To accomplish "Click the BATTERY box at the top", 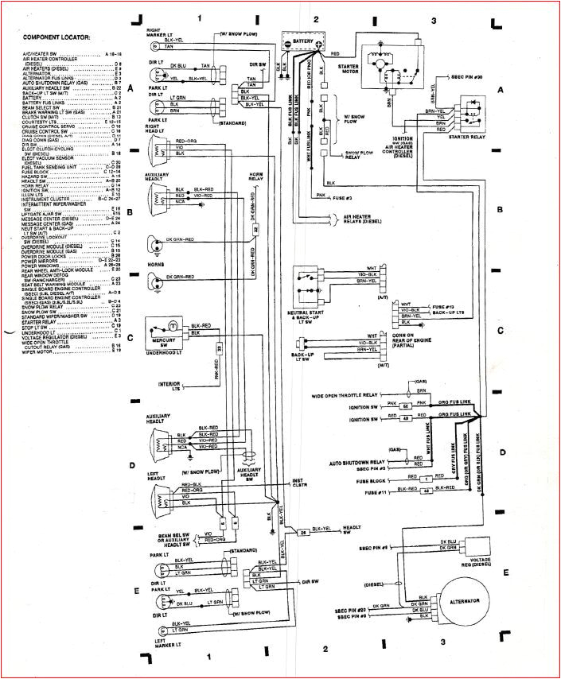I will coord(302,45).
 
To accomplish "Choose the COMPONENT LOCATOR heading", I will coord(56,37).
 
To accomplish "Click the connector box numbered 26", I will coord(302,531).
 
